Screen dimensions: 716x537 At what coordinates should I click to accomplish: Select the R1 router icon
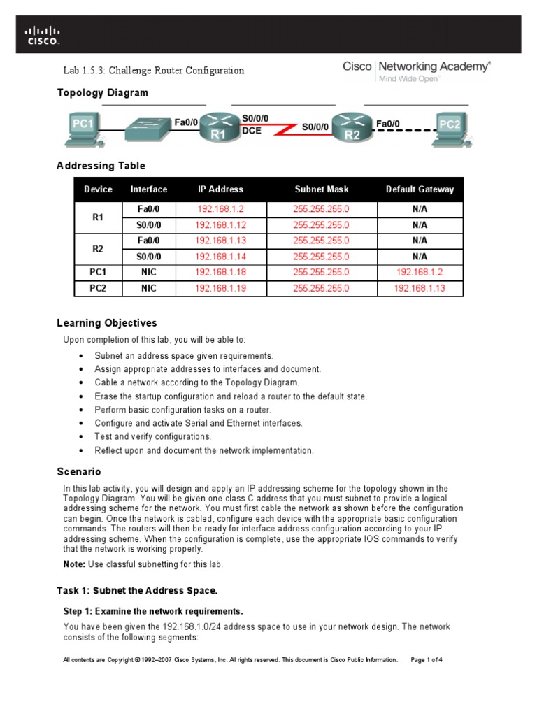tap(219, 128)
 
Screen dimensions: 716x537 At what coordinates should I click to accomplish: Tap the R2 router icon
tap(352, 128)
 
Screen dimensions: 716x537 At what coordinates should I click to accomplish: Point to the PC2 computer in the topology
tap(449, 130)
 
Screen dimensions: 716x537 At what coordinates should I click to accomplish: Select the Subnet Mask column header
tap(321, 189)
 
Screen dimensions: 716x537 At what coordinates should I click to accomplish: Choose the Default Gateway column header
tap(420, 189)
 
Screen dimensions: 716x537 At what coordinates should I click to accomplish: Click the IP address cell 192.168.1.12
tap(220, 225)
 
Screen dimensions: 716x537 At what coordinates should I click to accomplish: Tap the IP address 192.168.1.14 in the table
tap(220, 257)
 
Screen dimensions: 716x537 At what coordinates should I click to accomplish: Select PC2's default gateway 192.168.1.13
tap(420, 288)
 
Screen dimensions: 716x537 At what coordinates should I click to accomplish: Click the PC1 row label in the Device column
tap(98, 272)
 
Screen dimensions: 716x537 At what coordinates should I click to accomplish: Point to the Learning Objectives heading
tap(106, 323)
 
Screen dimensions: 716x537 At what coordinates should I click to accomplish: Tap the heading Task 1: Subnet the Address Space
tap(131, 591)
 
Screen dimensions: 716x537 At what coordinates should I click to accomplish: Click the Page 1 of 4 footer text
tap(427, 659)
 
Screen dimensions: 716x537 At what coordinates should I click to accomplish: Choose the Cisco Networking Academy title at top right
tap(416, 67)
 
